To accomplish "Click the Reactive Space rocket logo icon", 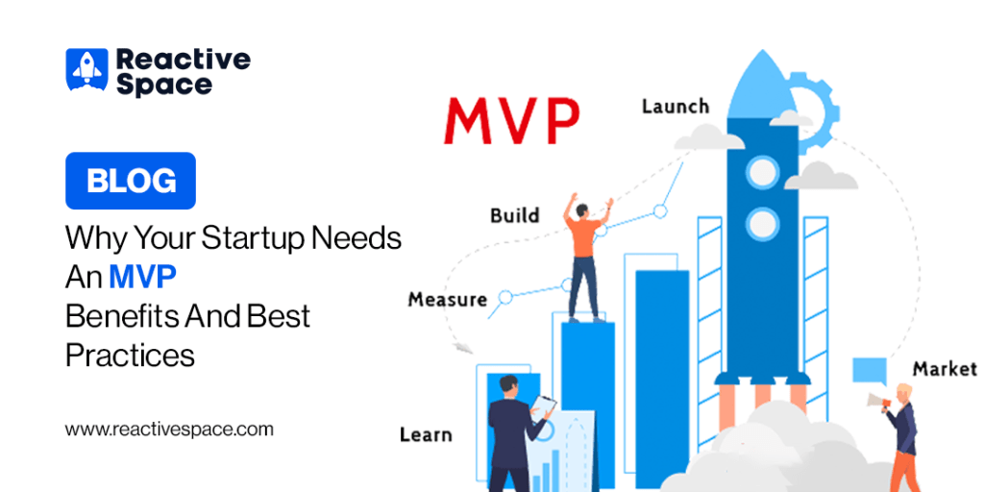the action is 86,69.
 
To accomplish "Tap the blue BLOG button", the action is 131,181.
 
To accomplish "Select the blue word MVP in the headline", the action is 142,278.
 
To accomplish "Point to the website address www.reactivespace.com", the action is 169,430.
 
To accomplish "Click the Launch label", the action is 676,106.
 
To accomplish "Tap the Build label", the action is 515,215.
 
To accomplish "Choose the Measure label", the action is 448,300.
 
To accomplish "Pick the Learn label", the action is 426,433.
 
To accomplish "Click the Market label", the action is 945,368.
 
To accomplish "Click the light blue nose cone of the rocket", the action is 762,85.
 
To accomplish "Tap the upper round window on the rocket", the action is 762,173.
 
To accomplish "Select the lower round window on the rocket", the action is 762,225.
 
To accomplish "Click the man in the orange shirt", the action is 588,258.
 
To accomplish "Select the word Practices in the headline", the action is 130,356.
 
